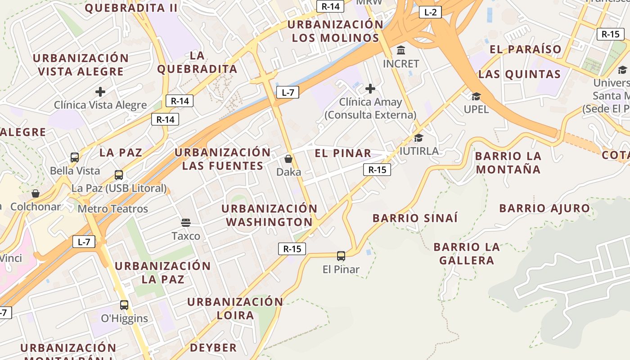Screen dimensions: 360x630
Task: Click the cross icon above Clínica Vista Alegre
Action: click(x=100, y=92)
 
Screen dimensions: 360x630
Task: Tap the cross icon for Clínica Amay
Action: click(x=370, y=89)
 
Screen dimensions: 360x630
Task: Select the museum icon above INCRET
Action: click(x=401, y=50)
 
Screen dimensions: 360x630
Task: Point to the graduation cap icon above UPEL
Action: click(x=476, y=96)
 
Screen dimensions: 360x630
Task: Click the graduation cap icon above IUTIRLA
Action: click(x=419, y=138)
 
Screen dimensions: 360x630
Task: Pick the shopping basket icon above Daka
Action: click(x=288, y=159)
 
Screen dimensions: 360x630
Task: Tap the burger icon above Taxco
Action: click(x=186, y=222)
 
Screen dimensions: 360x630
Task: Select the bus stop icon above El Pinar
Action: click(x=341, y=256)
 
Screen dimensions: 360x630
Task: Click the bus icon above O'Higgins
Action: click(x=124, y=305)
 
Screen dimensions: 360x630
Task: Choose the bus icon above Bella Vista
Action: click(x=75, y=157)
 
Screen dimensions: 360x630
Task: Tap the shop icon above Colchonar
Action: click(x=36, y=193)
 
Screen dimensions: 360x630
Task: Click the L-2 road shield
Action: click(x=430, y=12)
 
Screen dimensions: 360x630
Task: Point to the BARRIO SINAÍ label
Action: click(x=415, y=218)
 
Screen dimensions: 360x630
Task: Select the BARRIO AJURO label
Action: click(x=544, y=208)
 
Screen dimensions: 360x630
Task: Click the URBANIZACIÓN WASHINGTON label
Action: click(x=269, y=215)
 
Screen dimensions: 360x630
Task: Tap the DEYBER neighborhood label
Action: click(x=213, y=347)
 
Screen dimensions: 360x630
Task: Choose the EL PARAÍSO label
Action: click(x=526, y=49)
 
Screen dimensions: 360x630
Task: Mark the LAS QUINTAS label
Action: click(x=519, y=74)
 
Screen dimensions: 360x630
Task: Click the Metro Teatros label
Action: click(x=112, y=209)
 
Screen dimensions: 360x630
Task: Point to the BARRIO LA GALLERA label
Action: click(x=467, y=253)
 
